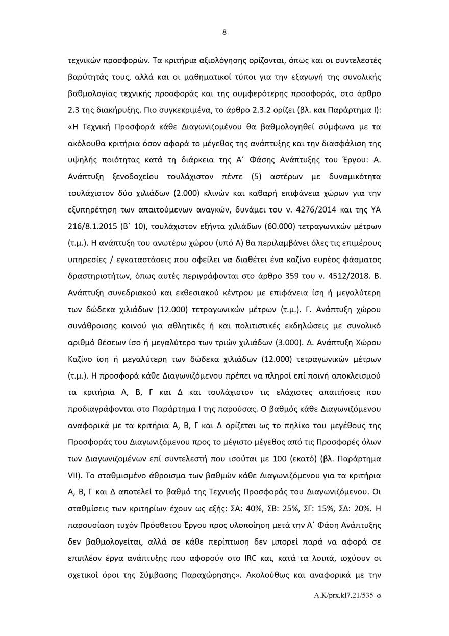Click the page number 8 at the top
click(224, 32)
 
